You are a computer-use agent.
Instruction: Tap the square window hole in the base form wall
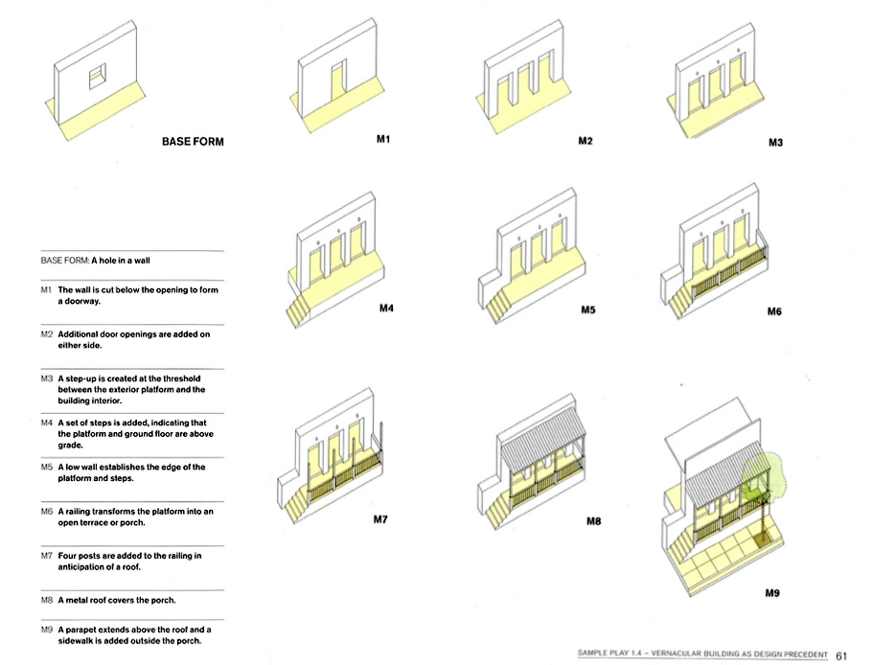(97, 76)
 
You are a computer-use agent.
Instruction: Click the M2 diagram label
(585, 141)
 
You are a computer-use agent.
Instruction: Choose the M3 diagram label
(776, 143)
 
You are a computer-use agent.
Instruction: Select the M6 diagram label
(774, 311)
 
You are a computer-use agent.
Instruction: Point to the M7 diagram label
(380, 520)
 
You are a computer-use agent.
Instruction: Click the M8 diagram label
(592, 522)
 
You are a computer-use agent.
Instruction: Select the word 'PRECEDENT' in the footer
(799, 655)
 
